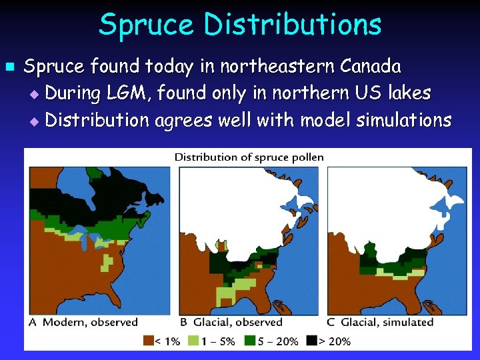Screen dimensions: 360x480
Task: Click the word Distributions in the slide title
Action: (293, 25)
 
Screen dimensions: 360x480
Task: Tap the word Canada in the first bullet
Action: (371, 66)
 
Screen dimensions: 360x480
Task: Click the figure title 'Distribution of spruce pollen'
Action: (249, 157)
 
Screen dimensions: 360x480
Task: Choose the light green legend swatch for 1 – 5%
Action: (193, 340)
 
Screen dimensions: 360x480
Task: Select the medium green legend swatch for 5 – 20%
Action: (251, 340)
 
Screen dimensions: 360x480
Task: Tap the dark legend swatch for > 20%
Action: (311, 340)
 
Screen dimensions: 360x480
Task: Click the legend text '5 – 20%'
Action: (279, 341)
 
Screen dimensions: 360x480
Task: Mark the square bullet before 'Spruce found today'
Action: (9, 67)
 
